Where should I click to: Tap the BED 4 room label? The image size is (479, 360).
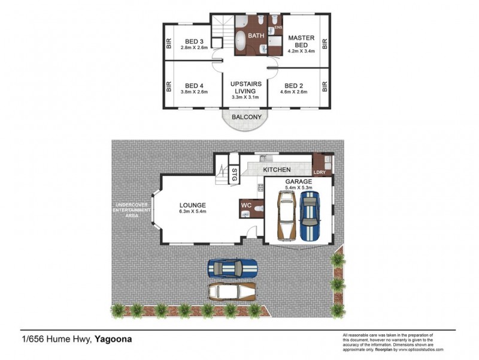(x=195, y=85)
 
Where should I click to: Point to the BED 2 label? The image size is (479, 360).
(x=296, y=85)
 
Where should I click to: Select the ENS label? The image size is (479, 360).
(x=278, y=28)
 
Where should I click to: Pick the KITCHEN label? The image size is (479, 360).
(x=277, y=170)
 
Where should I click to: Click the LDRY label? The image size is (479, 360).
(x=320, y=173)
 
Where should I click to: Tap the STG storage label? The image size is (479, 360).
(x=234, y=178)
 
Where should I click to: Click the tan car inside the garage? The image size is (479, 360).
(x=285, y=217)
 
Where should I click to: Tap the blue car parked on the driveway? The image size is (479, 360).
(x=232, y=267)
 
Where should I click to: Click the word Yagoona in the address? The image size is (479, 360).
(x=113, y=339)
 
